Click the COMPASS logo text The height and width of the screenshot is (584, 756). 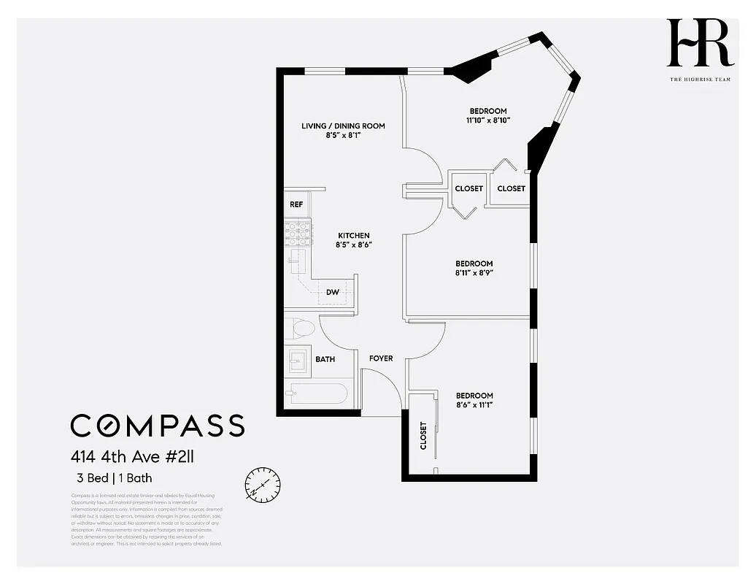click(x=157, y=425)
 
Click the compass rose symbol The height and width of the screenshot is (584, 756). click(x=263, y=483)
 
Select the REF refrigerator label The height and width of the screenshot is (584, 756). click(x=296, y=204)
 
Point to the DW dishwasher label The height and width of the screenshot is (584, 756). click(x=333, y=292)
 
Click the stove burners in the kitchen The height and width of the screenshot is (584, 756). click(x=298, y=233)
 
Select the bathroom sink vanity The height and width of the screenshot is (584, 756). click(x=297, y=361)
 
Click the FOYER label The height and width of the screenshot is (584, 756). click(x=381, y=358)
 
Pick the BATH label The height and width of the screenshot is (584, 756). click(x=325, y=359)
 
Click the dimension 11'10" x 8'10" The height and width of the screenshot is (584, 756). click(x=488, y=120)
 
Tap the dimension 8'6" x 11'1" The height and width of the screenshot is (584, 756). click(x=474, y=405)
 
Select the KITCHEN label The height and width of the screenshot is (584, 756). click(x=353, y=235)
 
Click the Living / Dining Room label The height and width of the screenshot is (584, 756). click(x=343, y=126)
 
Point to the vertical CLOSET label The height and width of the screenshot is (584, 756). click(x=423, y=435)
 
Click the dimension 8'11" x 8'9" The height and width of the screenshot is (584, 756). click(x=474, y=273)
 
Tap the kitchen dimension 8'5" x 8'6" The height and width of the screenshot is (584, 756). click(x=353, y=245)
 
